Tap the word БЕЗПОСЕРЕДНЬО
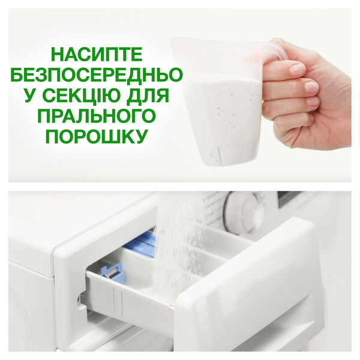tap(98, 76)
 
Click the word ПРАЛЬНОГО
tap(98, 116)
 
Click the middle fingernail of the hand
tap(310, 88)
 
